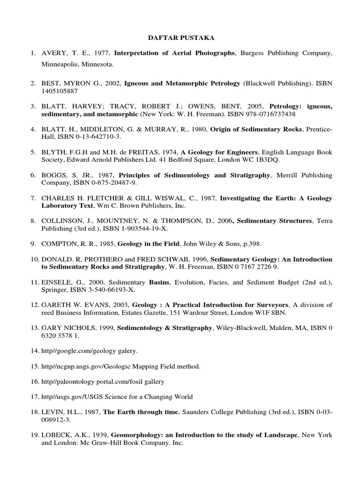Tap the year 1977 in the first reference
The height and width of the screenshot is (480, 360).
click(x=101, y=53)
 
